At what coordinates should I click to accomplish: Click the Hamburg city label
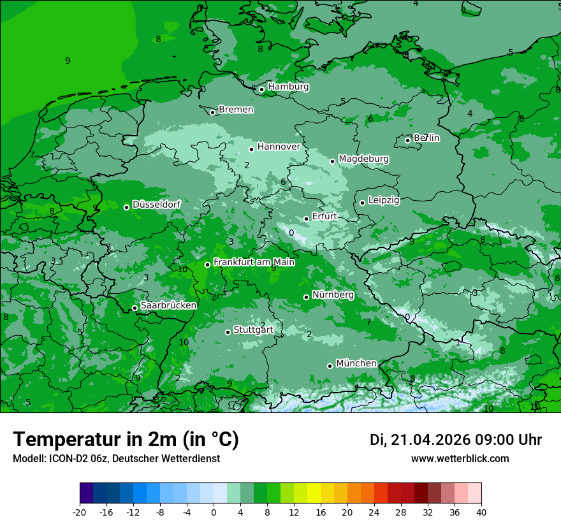click(288, 87)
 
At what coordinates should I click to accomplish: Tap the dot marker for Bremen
click(212, 112)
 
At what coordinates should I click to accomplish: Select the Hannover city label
click(279, 147)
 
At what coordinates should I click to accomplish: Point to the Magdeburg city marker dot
click(332, 161)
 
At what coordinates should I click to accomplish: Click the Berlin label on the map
click(426, 138)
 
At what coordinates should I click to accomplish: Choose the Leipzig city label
click(384, 200)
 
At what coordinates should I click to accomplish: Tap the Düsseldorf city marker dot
click(126, 207)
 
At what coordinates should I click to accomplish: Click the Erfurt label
click(324, 217)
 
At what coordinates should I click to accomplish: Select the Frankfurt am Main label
click(254, 262)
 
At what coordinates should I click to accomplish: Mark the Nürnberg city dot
click(306, 297)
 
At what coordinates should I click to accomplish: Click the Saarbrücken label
click(168, 305)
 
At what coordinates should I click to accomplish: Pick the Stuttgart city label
click(253, 330)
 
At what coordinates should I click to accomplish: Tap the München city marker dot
click(330, 366)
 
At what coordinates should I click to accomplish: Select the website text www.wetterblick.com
click(460, 458)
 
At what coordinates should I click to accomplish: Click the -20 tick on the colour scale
click(80, 512)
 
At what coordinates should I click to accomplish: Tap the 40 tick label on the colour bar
click(481, 512)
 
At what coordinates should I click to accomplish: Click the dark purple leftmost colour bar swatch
click(86, 493)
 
